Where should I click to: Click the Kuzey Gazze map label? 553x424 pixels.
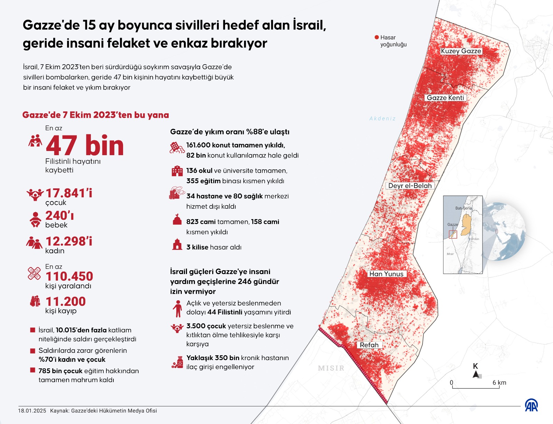point(461,51)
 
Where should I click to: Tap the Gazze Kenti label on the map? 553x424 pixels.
point(445,98)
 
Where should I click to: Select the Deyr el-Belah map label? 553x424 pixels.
point(410,186)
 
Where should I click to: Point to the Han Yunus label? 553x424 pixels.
point(386,274)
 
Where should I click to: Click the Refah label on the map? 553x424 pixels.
point(369,345)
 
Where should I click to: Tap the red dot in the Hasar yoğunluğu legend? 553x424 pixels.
point(377,37)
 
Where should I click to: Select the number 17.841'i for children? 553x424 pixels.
point(69,193)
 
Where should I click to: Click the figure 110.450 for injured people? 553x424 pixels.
point(69,276)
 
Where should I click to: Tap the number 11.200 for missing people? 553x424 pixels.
point(66,302)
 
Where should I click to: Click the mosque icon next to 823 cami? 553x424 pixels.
point(177,220)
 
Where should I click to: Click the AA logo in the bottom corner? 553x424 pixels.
point(531,405)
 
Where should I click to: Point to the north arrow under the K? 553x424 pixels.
point(476,375)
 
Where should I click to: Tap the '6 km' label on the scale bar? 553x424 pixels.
point(499,383)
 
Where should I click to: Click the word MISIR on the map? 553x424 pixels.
point(331,368)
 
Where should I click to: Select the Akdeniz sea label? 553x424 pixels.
point(382,119)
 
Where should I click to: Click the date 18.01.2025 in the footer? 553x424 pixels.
point(32,411)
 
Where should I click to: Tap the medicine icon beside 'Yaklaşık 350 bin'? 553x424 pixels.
point(177,362)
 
